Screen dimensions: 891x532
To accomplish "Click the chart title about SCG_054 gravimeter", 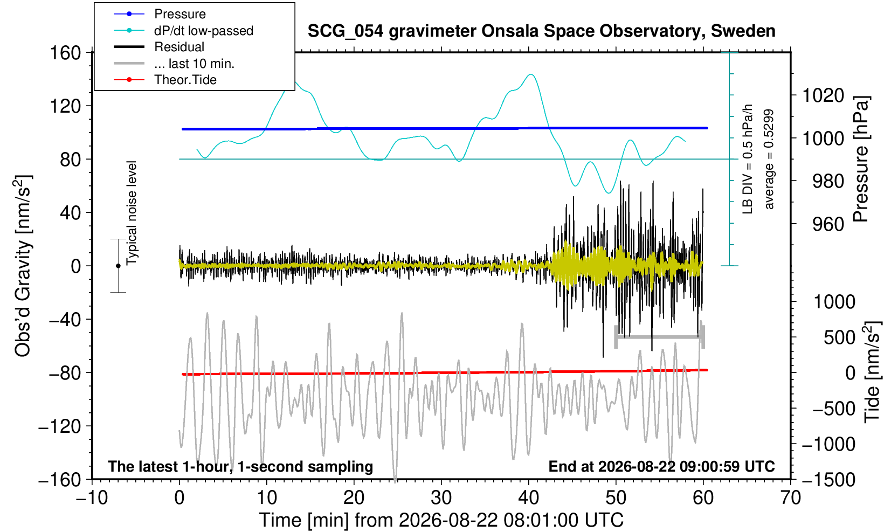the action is click(x=541, y=31).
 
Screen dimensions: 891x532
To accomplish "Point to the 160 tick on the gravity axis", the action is click(x=65, y=53).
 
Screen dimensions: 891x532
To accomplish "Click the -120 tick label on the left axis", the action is click(x=60, y=426).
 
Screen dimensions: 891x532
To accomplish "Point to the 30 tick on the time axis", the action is click(x=441, y=498).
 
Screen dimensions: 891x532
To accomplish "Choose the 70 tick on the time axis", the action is click(x=790, y=498).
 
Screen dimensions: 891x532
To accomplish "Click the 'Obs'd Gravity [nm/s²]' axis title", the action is click(x=23, y=266).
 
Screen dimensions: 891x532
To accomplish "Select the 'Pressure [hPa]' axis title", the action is click(x=861, y=159).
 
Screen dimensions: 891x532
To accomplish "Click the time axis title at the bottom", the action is click(x=441, y=520).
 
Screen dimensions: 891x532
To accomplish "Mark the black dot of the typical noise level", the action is click(x=118, y=266).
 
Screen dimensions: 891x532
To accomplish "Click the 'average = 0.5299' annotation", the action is click(x=769, y=159).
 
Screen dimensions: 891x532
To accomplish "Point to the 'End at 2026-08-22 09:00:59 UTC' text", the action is click(x=661, y=466).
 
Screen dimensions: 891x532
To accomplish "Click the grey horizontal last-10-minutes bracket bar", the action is click(x=660, y=337).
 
